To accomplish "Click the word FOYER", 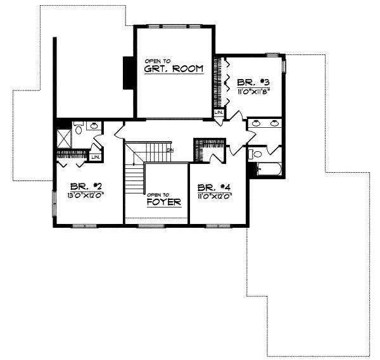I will [x=164, y=202].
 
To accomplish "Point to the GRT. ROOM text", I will [x=173, y=68].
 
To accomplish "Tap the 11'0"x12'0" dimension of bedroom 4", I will [x=215, y=196].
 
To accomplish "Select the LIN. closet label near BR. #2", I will [x=96, y=156].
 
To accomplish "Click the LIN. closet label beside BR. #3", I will [x=218, y=113].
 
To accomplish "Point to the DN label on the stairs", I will [x=170, y=150].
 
